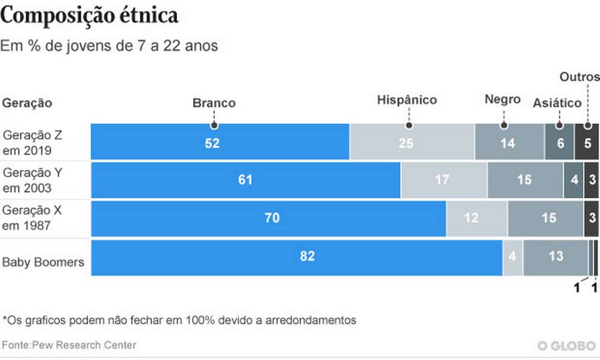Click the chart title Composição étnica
click(90, 17)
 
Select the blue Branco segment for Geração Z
click(220, 142)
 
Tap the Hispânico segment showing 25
click(412, 142)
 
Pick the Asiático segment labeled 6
click(559, 142)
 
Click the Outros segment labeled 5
click(587, 142)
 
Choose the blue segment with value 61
click(245, 180)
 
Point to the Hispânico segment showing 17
click(444, 180)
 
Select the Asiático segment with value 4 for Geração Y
click(573, 180)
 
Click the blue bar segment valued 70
click(269, 219)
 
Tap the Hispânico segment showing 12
click(477, 219)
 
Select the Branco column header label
click(214, 103)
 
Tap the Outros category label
click(580, 77)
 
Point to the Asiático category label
click(557, 103)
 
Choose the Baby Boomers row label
click(43, 262)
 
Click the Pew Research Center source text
click(69, 345)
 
